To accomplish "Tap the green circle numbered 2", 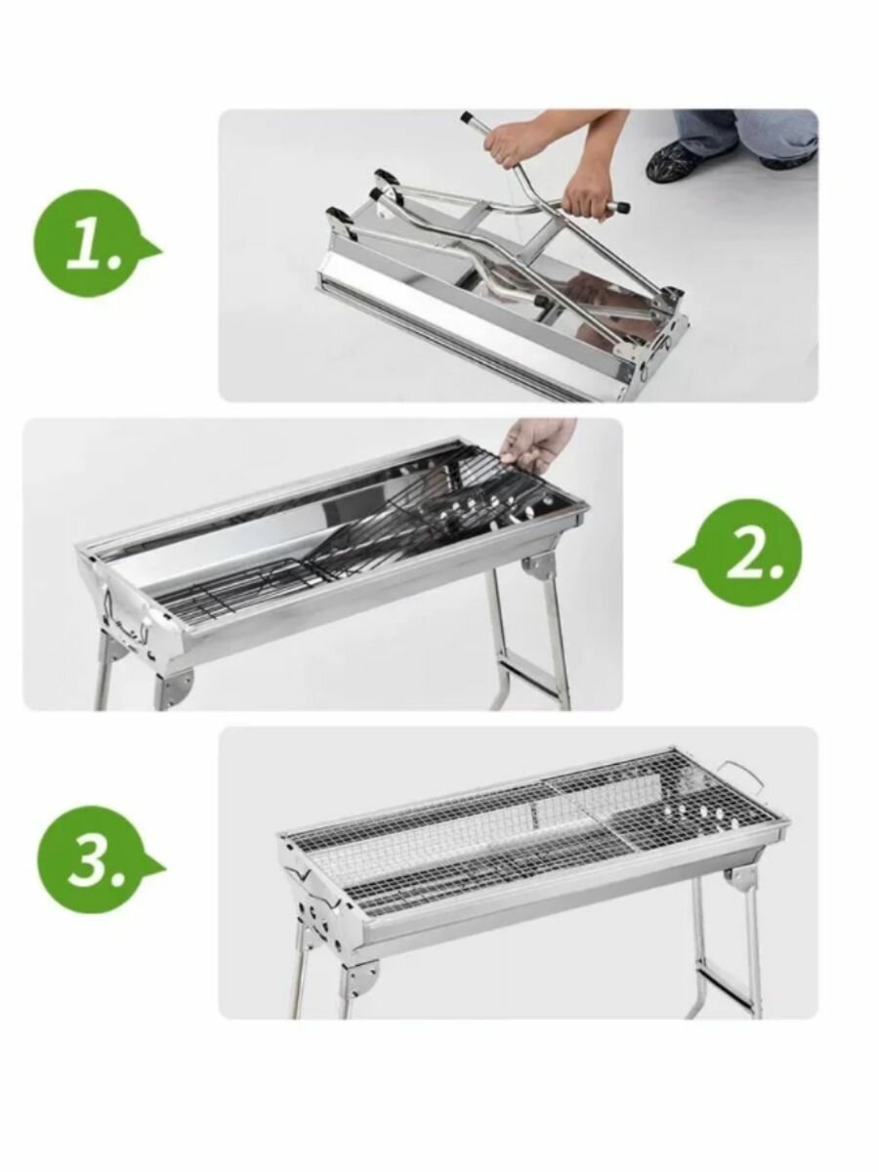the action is pos(739,558).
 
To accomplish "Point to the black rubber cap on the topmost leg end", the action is pos(468,117).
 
